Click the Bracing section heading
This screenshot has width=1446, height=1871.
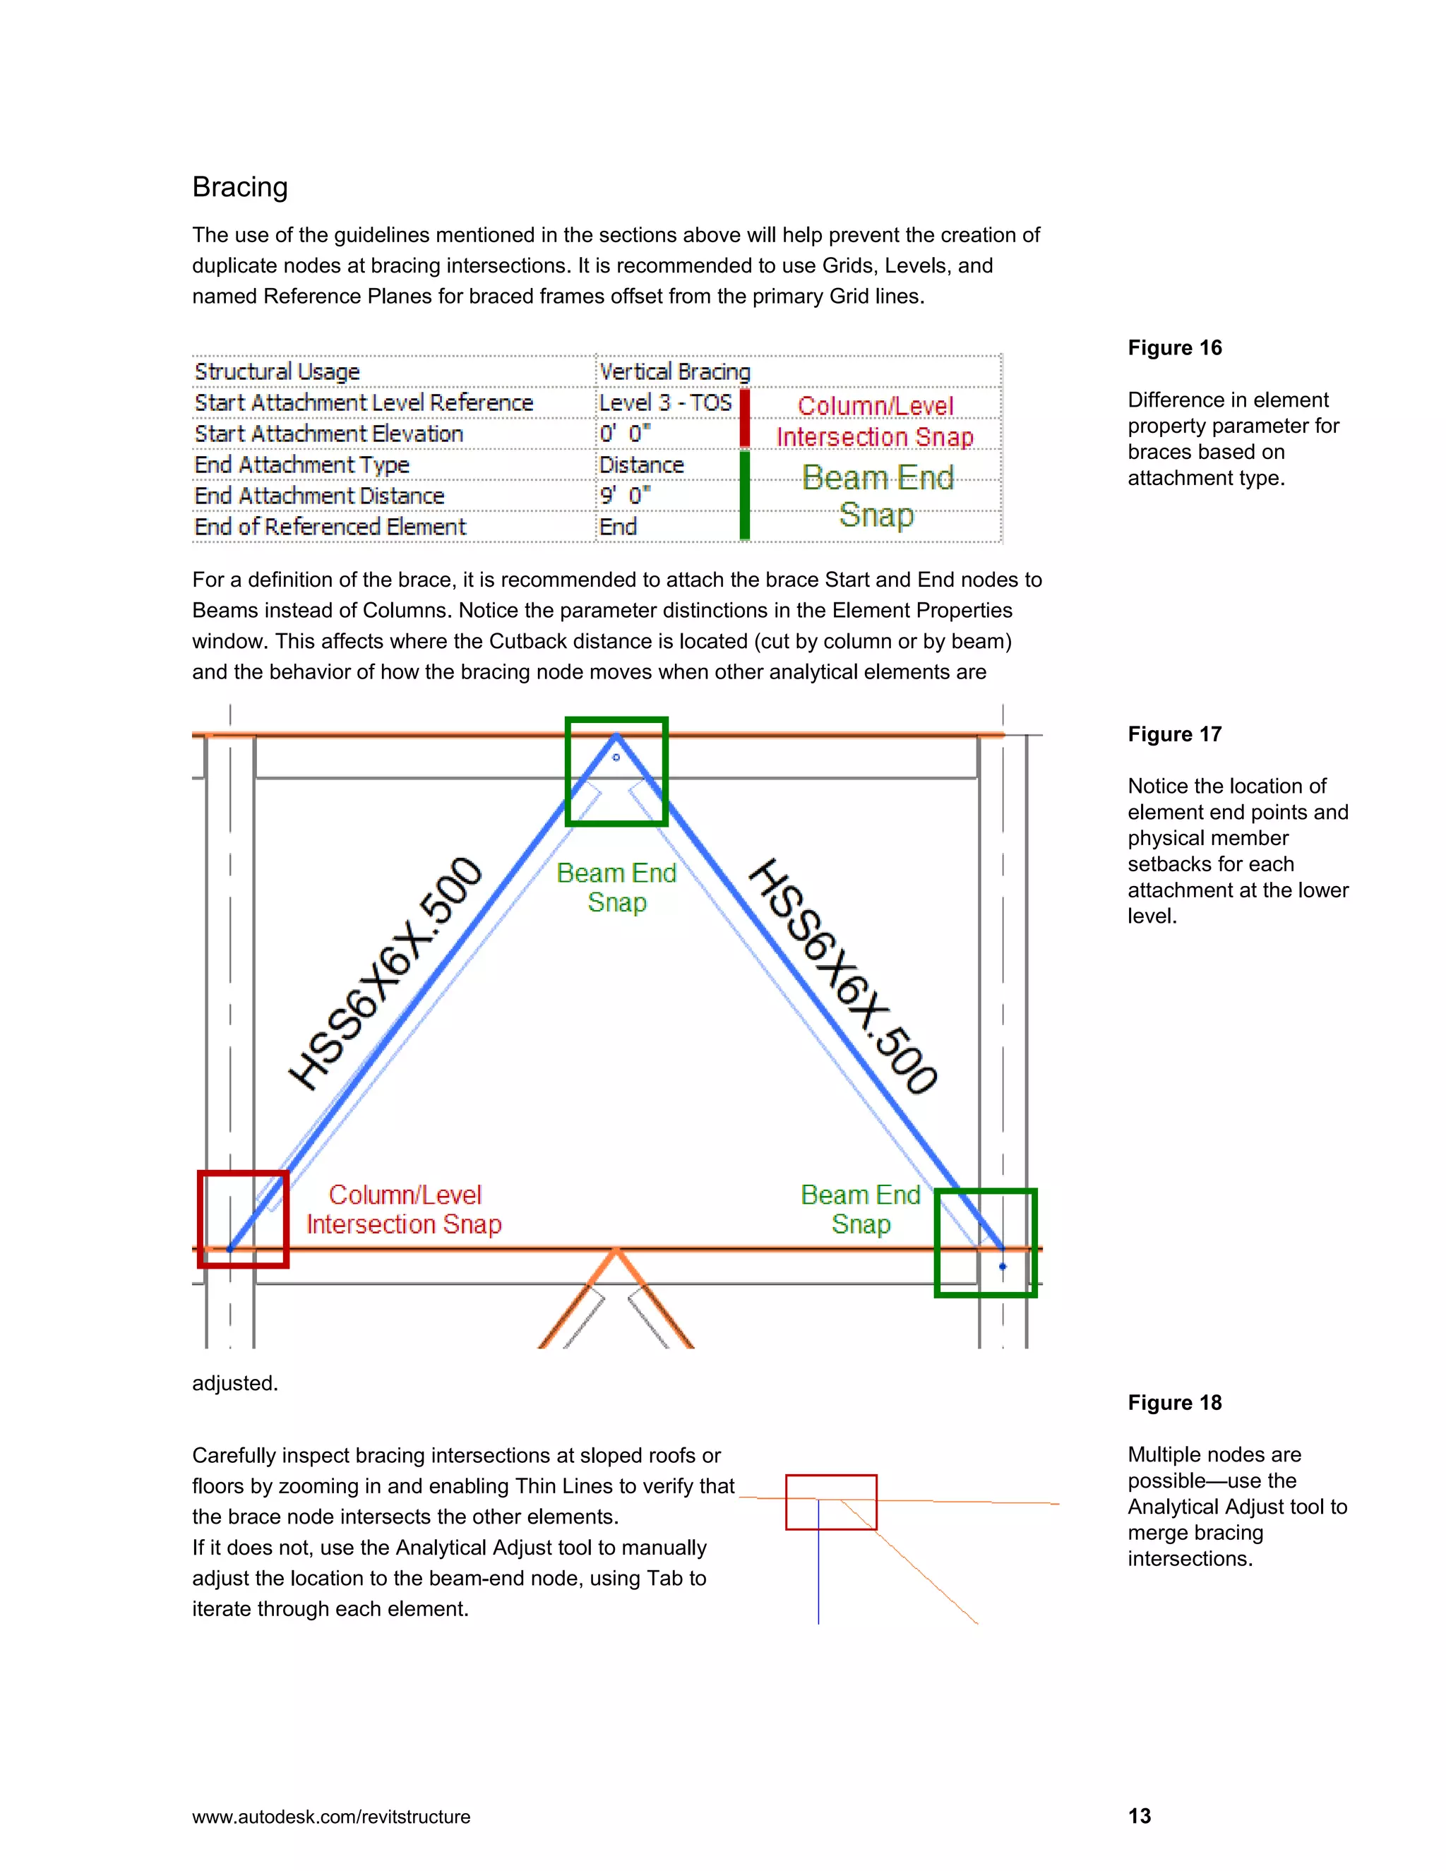[240, 187]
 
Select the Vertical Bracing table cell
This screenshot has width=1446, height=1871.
[674, 372]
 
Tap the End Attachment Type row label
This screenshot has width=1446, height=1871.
[301, 465]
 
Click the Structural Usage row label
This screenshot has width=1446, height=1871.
[277, 372]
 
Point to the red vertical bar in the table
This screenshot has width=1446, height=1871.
[744, 418]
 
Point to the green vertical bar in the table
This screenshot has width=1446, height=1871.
[744, 495]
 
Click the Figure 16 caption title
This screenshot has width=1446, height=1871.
[1174, 348]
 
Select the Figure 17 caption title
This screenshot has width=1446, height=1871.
[1174, 734]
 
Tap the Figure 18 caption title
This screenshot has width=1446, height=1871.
[1174, 1402]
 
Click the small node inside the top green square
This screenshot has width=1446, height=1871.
[616, 758]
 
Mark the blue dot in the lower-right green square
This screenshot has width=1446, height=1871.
[1003, 1266]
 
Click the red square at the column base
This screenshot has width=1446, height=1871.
[244, 1218]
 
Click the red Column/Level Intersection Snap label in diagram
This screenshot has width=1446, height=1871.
[405, 1209]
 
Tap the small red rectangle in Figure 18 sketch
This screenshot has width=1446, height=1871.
[831, 1502]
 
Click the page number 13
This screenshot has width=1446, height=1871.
[1140, 1816]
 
